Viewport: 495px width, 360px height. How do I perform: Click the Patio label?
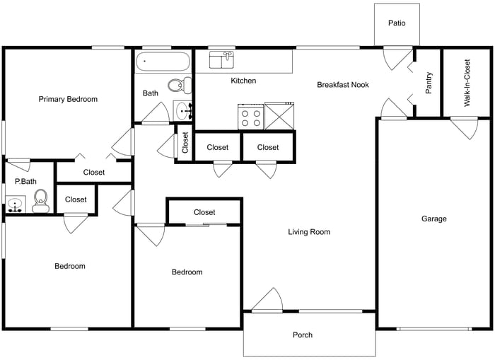tap(397, 23)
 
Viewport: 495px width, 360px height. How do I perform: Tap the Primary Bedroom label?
tap(68, 99)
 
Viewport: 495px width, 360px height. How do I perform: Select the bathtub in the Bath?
tap(163, 61)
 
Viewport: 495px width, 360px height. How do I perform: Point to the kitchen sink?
tap(222, 60)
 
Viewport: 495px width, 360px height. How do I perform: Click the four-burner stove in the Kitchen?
tap(250, 115)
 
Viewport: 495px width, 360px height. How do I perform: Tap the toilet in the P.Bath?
tap(40, 199)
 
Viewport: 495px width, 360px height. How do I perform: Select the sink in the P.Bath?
tap(15, 206)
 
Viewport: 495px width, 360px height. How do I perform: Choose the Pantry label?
tap(429, 83)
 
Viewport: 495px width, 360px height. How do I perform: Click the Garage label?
tap(434, 219)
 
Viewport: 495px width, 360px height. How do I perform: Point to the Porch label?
tap(302, 335)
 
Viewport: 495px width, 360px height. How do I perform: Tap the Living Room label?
tap(309, 232)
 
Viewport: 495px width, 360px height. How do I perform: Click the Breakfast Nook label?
tap(343, 85)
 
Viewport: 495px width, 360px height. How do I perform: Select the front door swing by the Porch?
tap(268, 301)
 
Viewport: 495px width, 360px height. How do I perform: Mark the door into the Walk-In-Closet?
tap(464, 127)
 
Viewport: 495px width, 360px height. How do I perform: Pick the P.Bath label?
tap(25, 182)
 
